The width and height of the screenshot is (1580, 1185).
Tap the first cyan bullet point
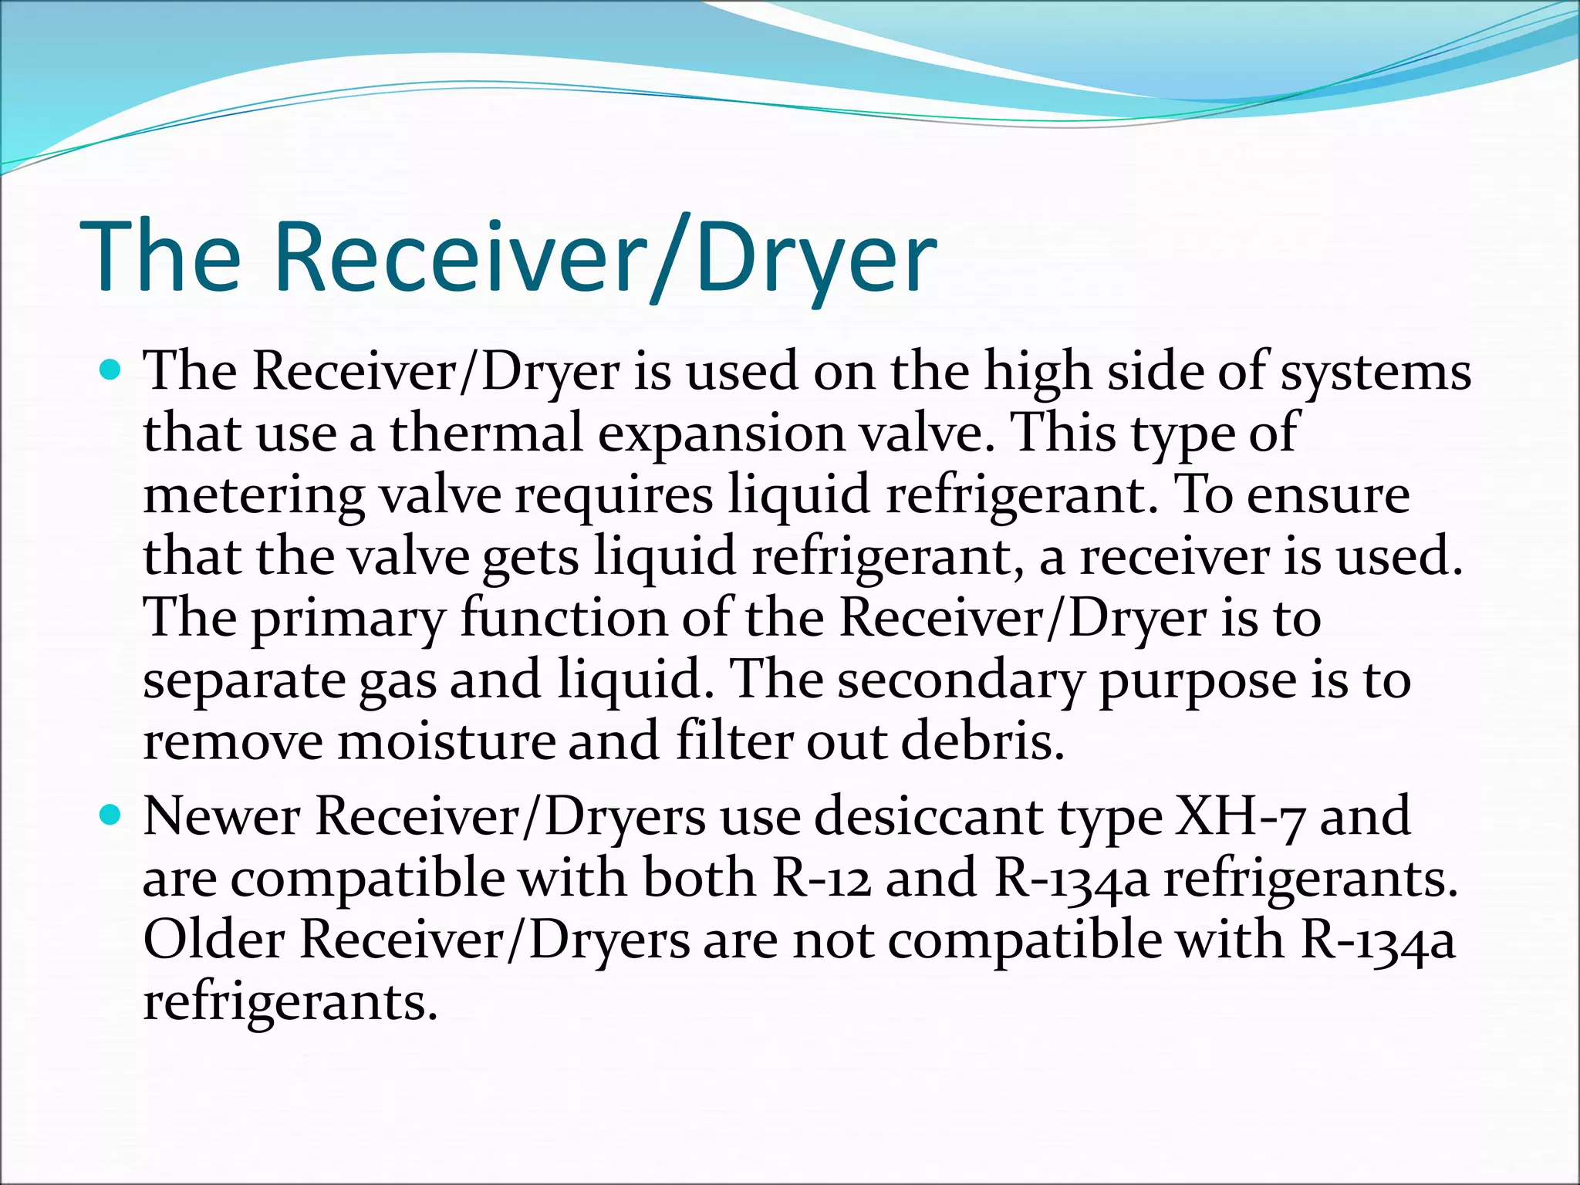(112, 371)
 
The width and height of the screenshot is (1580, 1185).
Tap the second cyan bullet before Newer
(112, 815)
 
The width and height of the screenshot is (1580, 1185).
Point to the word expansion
(721, 434)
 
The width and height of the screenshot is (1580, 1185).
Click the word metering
(254, 496)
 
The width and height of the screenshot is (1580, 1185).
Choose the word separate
(244, 682)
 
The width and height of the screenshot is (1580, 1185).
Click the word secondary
(960, 681)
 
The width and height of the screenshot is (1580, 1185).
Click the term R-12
(821, 879)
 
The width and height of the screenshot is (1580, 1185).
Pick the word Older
(214, 940)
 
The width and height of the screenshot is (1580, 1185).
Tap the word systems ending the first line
(1376, 373)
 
